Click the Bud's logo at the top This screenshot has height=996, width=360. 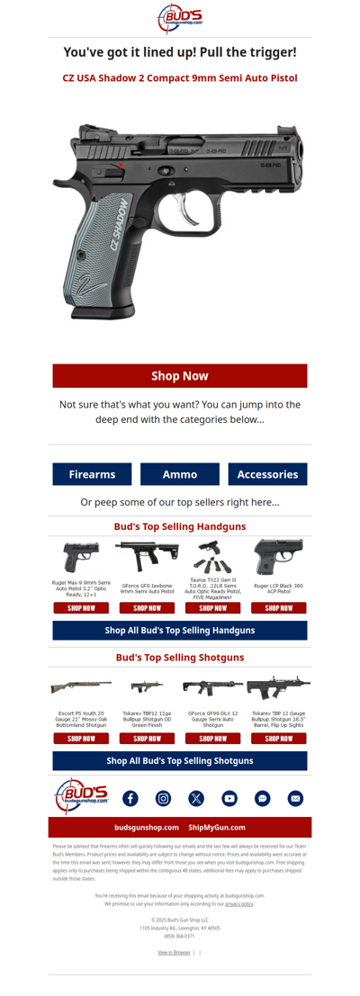(x=180, y=18)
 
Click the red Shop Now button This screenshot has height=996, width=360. (x=180, y=375)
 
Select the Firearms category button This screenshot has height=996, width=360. (x=92, y=474)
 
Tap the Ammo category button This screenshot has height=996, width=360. (x=180, y=474)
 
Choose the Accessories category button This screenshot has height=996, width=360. (x=267, y=474)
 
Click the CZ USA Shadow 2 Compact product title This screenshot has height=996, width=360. (x=180, y=78)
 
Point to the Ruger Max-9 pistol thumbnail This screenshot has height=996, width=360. (x=81, y=557)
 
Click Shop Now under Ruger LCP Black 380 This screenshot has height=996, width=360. (x=279, y=607)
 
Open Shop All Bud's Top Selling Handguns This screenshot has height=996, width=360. (x=180, y=631)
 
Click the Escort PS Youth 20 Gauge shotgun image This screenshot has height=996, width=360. (x=81, y=686)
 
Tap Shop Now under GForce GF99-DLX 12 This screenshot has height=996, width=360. (x=213, y=738)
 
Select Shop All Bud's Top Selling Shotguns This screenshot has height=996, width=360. (x=180, y=760)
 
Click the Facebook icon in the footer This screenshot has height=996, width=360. (x=130, y=798)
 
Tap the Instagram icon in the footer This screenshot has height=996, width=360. (x=163, y=798)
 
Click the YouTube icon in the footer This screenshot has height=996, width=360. (x=229, y=798)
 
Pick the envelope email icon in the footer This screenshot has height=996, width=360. (x=295, y=798)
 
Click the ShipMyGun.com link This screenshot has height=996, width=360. (x=217, y=827)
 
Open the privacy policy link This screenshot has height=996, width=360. (x=239, y=903)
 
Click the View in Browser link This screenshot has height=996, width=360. (x=174, y=952)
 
